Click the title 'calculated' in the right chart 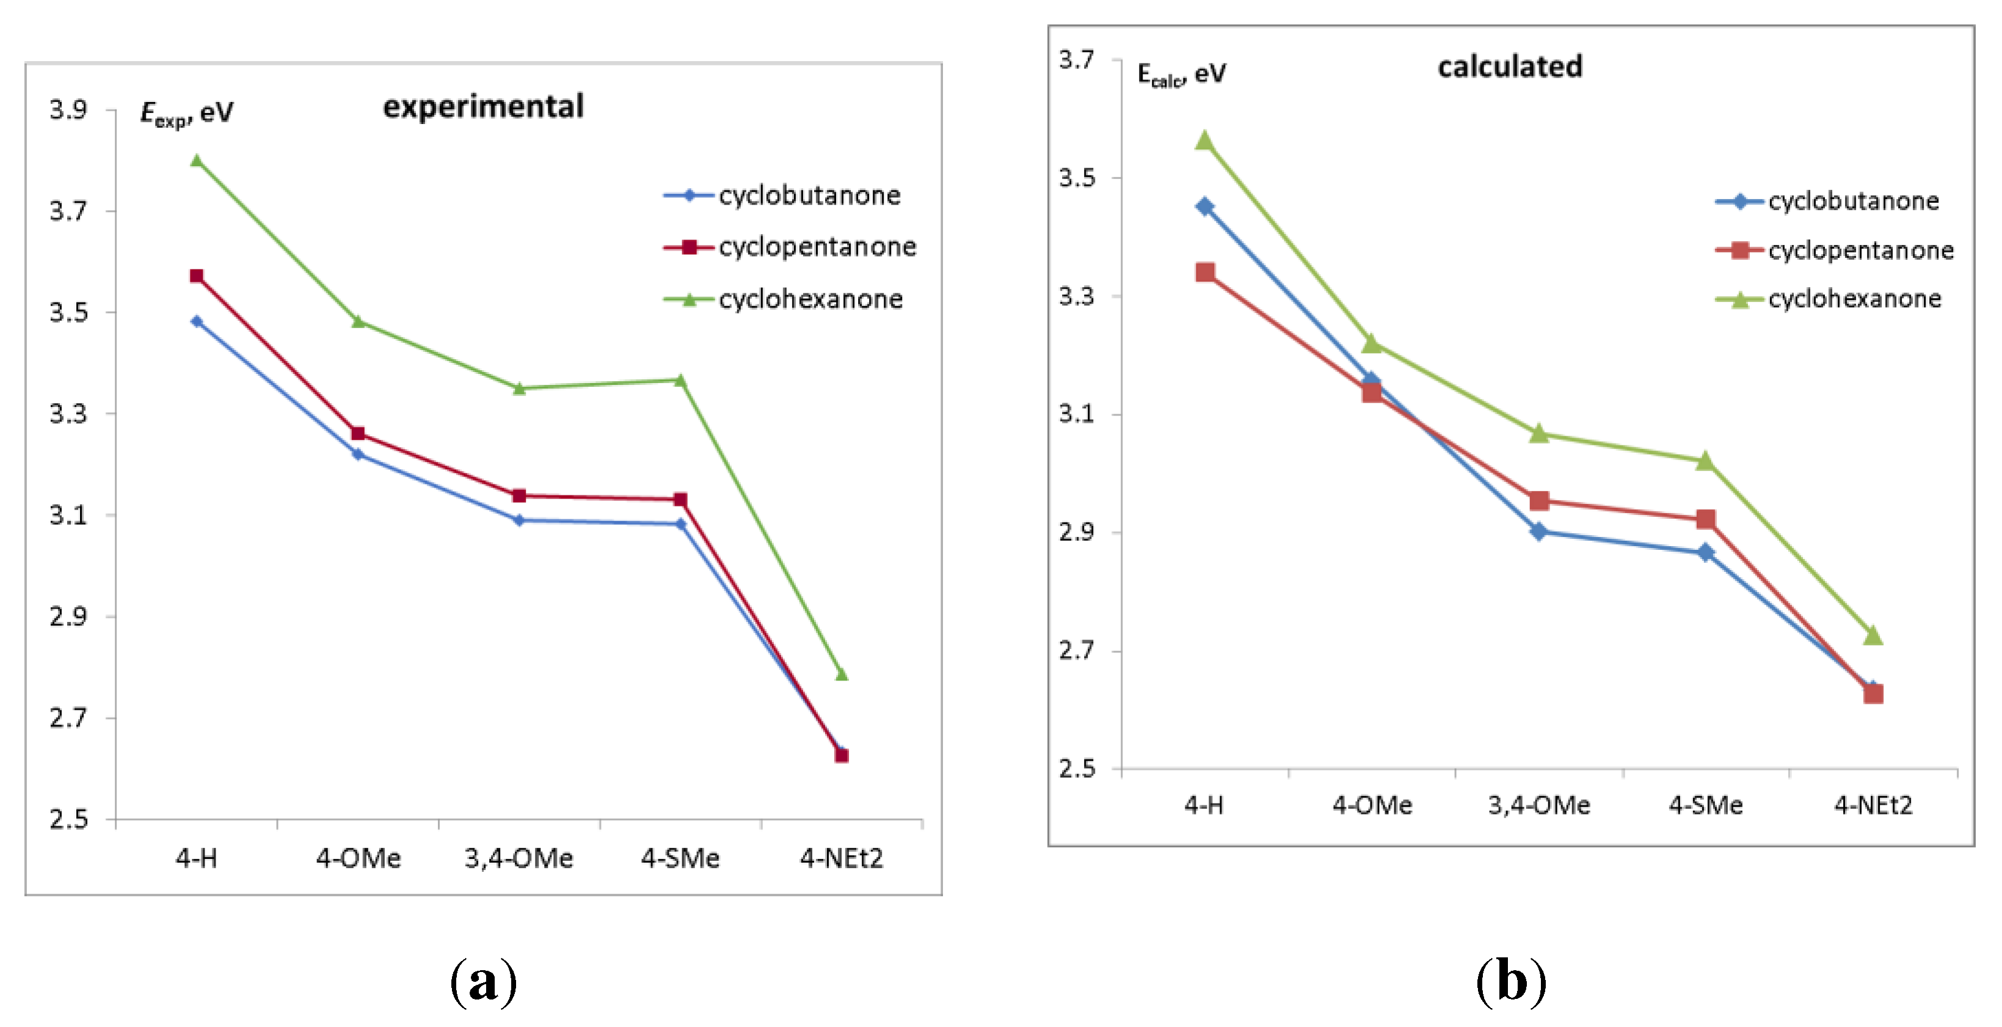[1509, 67]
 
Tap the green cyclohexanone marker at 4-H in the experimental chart [197, 161]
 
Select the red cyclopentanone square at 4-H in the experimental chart [197, 276]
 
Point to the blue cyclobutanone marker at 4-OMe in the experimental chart [359, 454]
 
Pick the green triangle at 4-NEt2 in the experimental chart [841, 674]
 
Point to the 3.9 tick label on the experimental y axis [68, 109]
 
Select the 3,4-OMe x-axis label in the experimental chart [519, 858]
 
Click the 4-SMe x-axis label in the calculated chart [1705, 805]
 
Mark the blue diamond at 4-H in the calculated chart [1204, 206]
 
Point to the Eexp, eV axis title [186, 114]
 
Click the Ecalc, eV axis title [1181, 75]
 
